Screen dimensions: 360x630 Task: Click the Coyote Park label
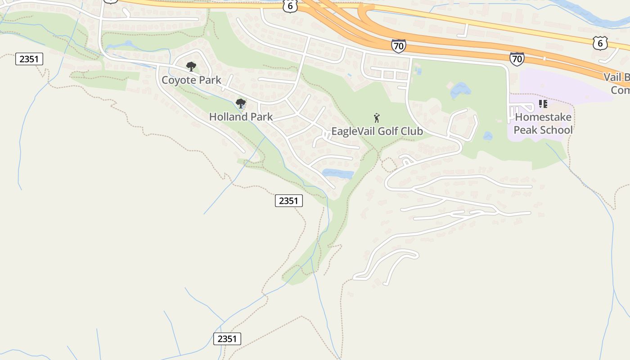(x=191, y=80)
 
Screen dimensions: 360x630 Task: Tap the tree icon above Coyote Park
(x=191, y=67)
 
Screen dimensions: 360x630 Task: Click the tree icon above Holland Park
(x=241, y=104)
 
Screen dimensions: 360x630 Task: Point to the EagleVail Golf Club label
(x=377, y=131)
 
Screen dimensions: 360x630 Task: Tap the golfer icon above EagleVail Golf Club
(x=377, y=118)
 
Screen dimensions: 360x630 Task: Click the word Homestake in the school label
(x=543, y=117)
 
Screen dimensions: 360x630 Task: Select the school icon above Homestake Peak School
(x=543, y=104)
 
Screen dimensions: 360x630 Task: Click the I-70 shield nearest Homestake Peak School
(x=517, y=58)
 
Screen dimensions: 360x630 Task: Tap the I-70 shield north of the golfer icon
(x=398, y=45)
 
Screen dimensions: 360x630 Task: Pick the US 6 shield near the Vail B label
(x=600, y=43)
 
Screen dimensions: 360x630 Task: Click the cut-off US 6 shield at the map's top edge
(x=291, y=6)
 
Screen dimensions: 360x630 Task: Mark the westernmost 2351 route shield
(x=29, y=58)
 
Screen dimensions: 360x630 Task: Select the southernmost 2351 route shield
(x=227, y=339)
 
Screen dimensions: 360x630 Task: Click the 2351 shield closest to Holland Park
(x=288, y=201)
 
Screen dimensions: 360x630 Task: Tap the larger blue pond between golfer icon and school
(x=460, y=90)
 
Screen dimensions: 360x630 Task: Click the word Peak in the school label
(x=526, y=130)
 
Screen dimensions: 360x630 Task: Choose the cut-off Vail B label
(x=617, y=83)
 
